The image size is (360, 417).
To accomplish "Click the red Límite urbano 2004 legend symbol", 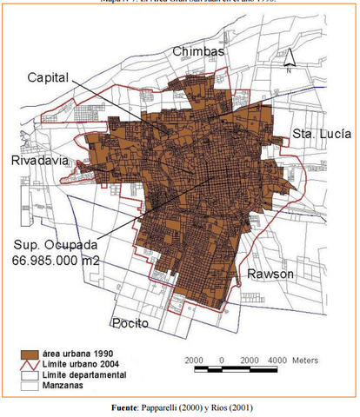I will coord(31,365).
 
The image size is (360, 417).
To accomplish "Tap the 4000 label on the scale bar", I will coord(277,360).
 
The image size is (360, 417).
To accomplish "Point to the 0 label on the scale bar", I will coord(222,360).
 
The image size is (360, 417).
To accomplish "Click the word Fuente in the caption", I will coord(128,407).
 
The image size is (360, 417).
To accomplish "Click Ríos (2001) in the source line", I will coord(235,407).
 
